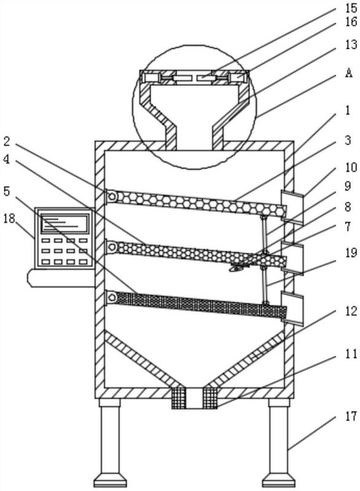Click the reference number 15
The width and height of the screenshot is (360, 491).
351,7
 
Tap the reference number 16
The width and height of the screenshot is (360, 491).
351,21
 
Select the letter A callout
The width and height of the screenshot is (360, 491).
349,72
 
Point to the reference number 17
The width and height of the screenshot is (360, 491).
351,417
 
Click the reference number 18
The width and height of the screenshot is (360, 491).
9,218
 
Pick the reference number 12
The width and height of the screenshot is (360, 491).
351,311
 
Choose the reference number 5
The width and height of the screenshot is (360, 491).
7,191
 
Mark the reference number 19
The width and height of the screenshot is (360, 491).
351,252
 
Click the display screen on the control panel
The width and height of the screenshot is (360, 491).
65,222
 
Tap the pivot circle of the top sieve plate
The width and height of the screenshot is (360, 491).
112,196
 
